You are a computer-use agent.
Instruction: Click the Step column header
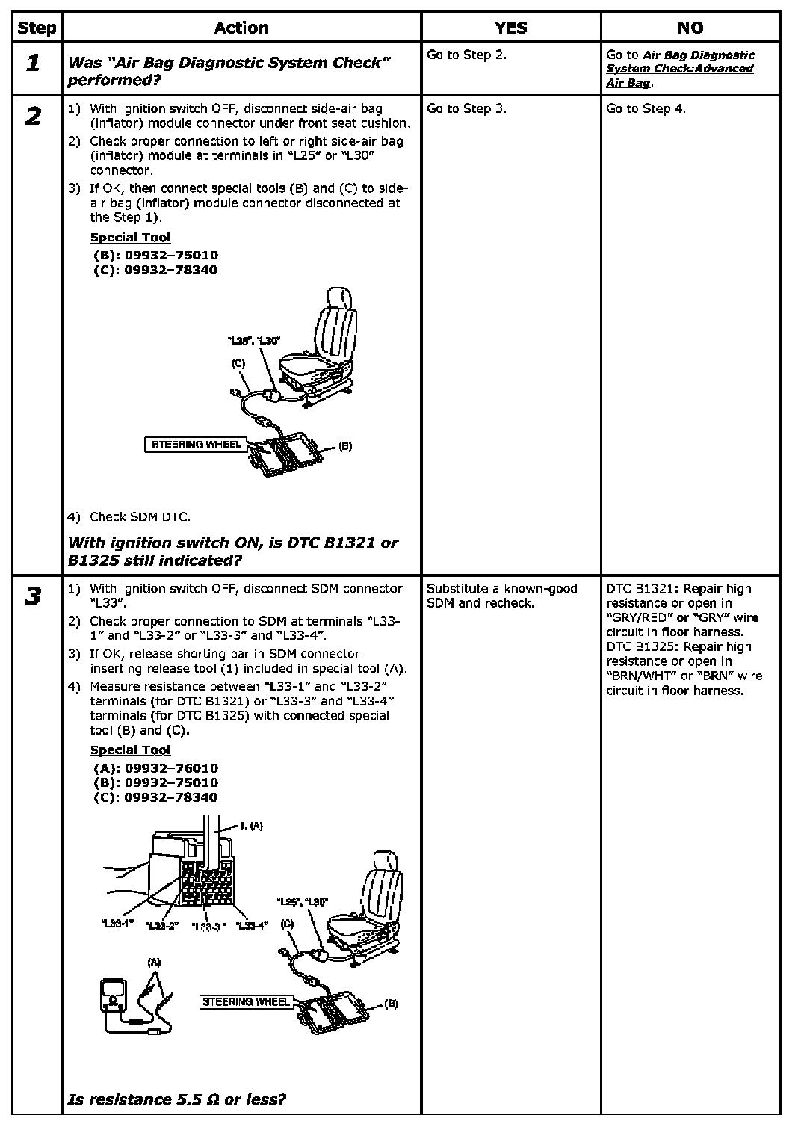click(x=37, y=28)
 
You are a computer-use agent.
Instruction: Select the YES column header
click(x=510, y=28)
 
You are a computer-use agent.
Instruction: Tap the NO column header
click(x=690, y=28)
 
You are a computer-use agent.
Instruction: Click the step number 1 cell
click(x=34, y=64)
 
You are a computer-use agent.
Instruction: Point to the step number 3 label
click(x=34, y=598)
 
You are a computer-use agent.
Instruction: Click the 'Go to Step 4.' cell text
click(x=646, y=109)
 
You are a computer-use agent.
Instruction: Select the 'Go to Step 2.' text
click(x=466, y=55)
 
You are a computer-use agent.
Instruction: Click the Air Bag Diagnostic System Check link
click(x=680, y=69)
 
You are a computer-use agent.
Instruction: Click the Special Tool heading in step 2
click(x=130, y=238)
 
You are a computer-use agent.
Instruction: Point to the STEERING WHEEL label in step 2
click(x=197, y=445)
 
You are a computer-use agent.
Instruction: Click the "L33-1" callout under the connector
click(x=117, y=924)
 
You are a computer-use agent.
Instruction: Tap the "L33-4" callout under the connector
click(x=251, y=926)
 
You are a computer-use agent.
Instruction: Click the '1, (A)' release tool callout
click(x=251, y=827)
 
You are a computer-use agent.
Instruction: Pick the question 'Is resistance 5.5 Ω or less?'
click(x=177, y=1099)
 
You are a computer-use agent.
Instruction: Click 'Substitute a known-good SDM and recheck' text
click(x=501, y=596)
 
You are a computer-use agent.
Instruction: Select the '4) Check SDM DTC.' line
click(x=129, y=517)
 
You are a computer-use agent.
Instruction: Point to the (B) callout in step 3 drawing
click(x=392, y=1004)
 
